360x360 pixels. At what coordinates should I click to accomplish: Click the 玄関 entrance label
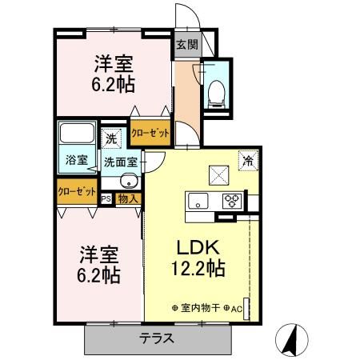(186, 46)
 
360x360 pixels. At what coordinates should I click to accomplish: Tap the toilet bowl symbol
(214, 94)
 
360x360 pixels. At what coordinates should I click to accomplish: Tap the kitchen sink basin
(197, 200)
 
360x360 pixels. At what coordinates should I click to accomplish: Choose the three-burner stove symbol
(232, 200)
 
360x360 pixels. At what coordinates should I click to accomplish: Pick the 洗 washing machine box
(112, 138)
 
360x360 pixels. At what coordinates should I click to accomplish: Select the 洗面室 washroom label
(120, 162)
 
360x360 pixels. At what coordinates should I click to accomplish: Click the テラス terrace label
(158, 338)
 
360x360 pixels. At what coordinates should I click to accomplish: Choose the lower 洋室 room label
(99, 256)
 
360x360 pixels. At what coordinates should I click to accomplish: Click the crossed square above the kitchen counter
(218, 174)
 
